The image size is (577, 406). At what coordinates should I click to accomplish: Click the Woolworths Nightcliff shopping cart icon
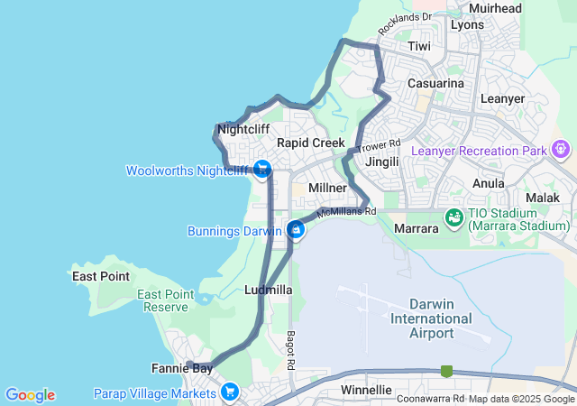(x=262, y=169)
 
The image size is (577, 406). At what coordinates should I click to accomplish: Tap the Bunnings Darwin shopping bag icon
(x=295, y=230)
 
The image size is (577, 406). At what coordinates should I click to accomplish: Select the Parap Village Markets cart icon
(x=230, y=392)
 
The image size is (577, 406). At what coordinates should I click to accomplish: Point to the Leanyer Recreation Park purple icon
(x=562, y=148)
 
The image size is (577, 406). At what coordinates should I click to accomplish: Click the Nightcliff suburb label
(x=243, y=129)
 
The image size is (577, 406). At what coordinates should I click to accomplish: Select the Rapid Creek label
(x=311, y=143)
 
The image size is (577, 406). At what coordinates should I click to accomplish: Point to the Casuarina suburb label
(x=435, y=83)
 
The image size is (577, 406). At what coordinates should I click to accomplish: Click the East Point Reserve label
(x=166, y=301)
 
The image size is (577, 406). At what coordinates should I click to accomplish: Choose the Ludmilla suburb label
(x=268, y=290)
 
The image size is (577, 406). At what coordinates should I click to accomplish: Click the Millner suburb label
(x=327, y=187)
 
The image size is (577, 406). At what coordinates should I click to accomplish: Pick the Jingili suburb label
(x=383, y=161)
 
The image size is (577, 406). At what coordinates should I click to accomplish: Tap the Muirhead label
(x=495, y=8)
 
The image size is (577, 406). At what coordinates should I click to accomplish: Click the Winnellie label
(x=366, y=390)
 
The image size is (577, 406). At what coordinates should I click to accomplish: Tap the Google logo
(x=30, y=395)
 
